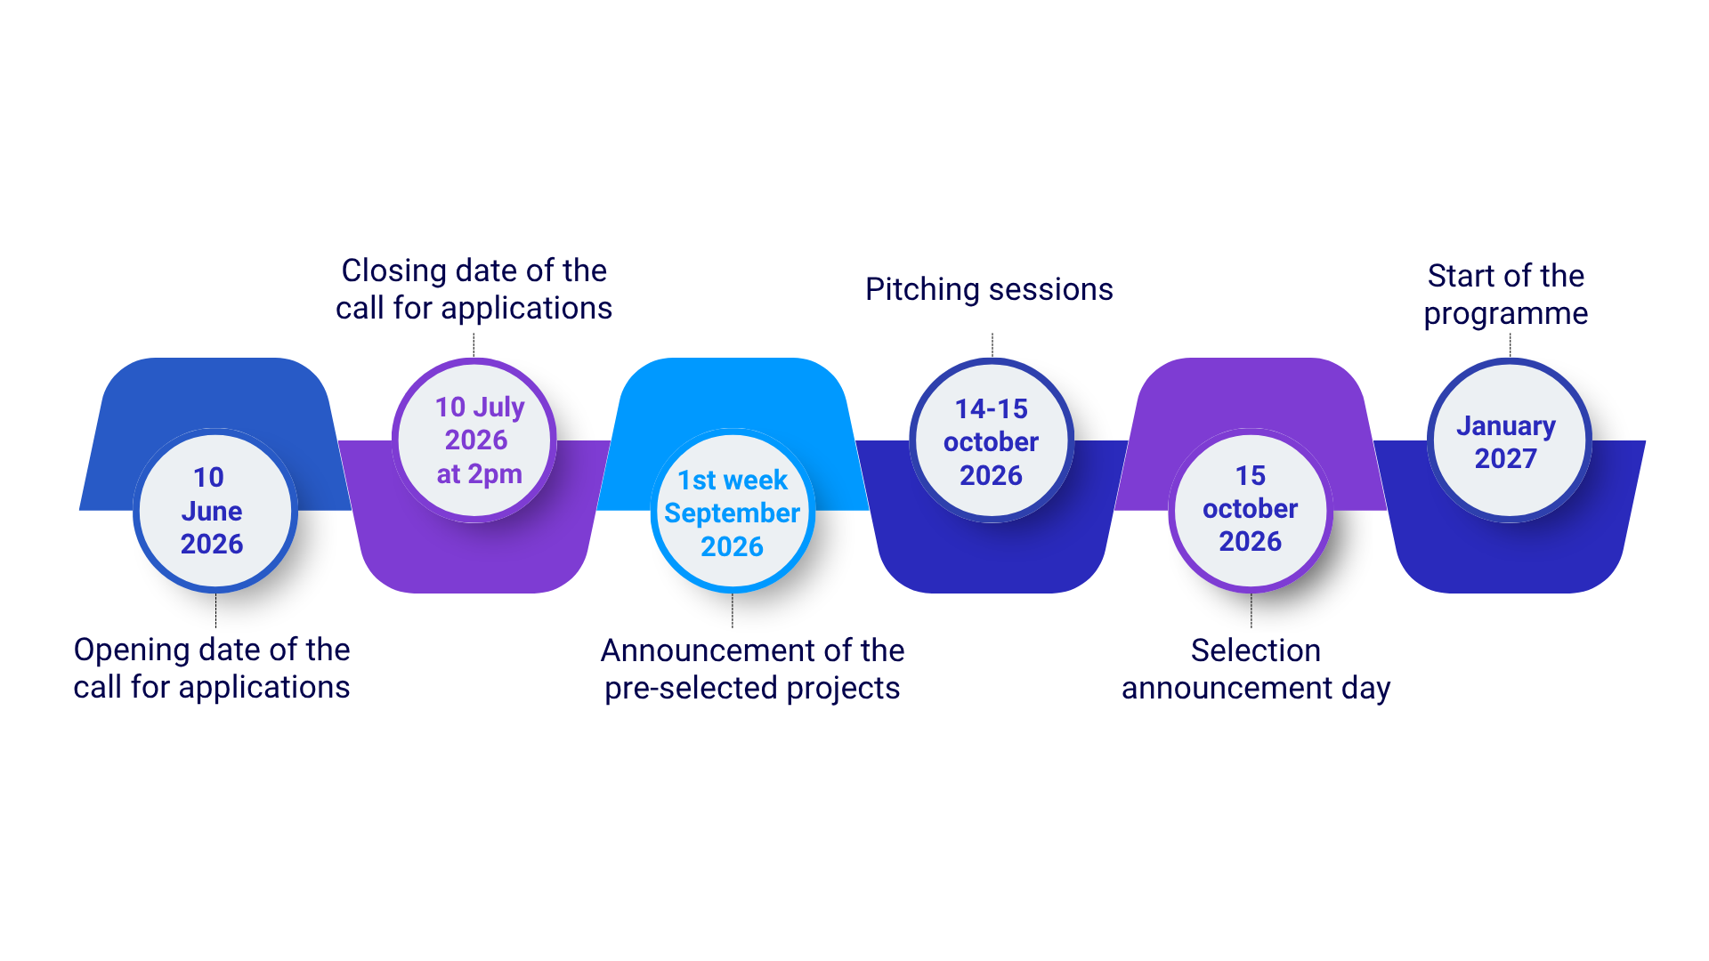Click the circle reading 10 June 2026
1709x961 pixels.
pyautogui.click(x=215, y=511)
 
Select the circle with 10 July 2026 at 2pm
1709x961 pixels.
pyautogui.click(x=474, y=440)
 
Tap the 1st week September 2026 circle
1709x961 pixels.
pyautogui.click(x=733, y=511)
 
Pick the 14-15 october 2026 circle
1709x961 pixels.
pyautogui.click(x=992, y=440)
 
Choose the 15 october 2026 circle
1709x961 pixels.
pyautogui.click(x=1251, y=511)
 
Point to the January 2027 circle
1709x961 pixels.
pyautogui.click(x=1510, y=440)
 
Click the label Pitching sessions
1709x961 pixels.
pyautogui.click(x=989, y=290)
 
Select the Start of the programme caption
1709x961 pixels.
pyautogui.click(x=1506, y=295)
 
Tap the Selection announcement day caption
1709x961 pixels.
pyautogui.click(x=1256, y=669)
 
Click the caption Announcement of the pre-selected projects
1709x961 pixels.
pyautogui.click(x=752, y=669)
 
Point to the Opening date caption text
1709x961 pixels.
pyautogui.click(x=212, y=668)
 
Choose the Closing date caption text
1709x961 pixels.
pyautogui.click(x=474, y=289)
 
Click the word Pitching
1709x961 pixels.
pyautogui.click(x=922, y=290)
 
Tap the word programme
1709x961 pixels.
pyautogui.click(x=1506, y=314)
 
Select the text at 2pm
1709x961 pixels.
pyautogui.click(x=479, y=474)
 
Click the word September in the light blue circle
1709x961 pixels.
pyautogui.click(x=732, y=513)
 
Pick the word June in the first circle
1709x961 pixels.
pyautogui.click(x=212, y=511)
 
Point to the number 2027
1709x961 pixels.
pyautogui.click(x=1506, y=458)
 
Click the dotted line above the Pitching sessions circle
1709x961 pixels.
pyautogui.click(x=992, y=345)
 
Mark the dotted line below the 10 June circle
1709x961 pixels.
pyautogui.click(x=215, y=610)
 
